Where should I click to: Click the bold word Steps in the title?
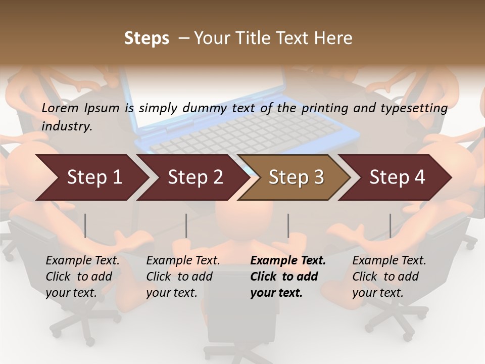tap(147, 38)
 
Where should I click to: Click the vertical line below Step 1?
tap(85, 225)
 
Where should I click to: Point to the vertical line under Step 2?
tap(186, 225)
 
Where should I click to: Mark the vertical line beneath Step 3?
tap(288, 225)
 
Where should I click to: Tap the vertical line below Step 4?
tap(391, 225)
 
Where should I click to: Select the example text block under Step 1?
tap(82, 277)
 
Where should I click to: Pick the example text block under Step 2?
tap(183, 277)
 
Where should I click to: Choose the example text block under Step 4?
tap(389, 277)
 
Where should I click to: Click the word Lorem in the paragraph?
tap(60, 108)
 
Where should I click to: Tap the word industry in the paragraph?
tap(66, 126)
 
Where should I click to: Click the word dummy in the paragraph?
tap(205, 108)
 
